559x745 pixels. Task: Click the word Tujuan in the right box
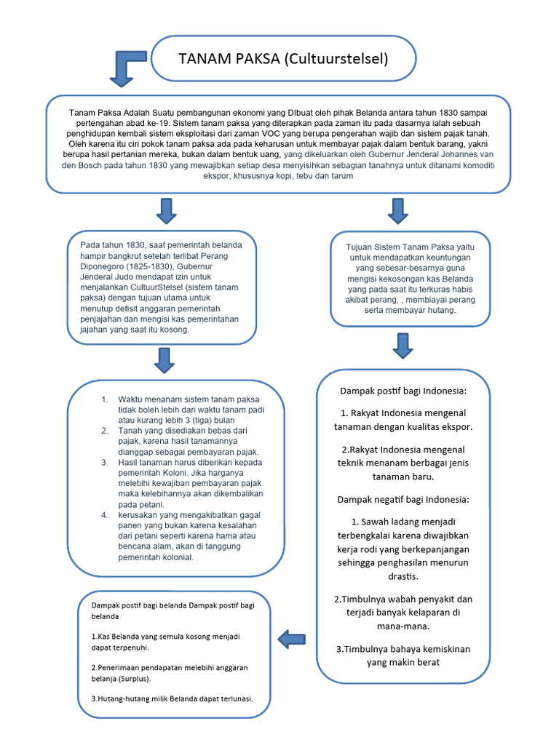362,247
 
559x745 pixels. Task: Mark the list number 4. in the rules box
105,514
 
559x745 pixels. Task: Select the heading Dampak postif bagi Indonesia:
403,391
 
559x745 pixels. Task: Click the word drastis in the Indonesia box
403,577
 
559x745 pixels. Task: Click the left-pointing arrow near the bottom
292,640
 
